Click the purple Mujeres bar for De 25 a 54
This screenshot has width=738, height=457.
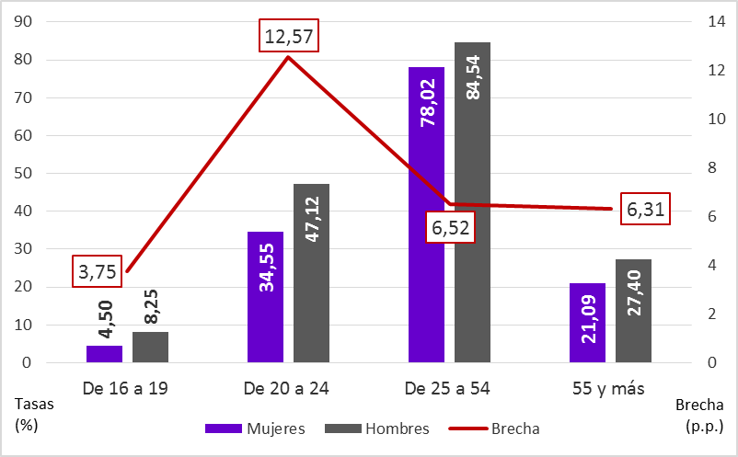tap(426, 216)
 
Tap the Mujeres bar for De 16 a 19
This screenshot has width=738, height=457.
tap(104, 354)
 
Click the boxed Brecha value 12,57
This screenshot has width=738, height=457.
tap(288, 38)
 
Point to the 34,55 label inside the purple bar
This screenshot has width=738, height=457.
tap(265, 267)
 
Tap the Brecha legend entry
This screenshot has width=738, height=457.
tap(495, 428)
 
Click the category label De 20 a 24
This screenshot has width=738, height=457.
tap(287, 388)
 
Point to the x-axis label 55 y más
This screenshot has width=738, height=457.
tap(610, 388)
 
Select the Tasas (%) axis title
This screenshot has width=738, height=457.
tap(31, 414)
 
